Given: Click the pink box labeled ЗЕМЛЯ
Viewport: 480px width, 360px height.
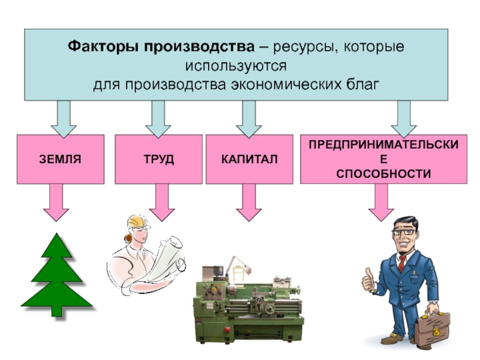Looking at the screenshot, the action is (x=60, y=159).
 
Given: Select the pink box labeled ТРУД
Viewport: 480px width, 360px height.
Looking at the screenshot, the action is (x=158, y=159).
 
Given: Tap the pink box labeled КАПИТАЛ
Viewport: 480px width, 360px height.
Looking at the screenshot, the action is (x=249, y=159).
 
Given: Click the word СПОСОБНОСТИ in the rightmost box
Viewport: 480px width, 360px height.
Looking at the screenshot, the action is (x=383, y=174).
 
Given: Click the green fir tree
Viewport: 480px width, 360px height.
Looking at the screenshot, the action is (x=57, y=276).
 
